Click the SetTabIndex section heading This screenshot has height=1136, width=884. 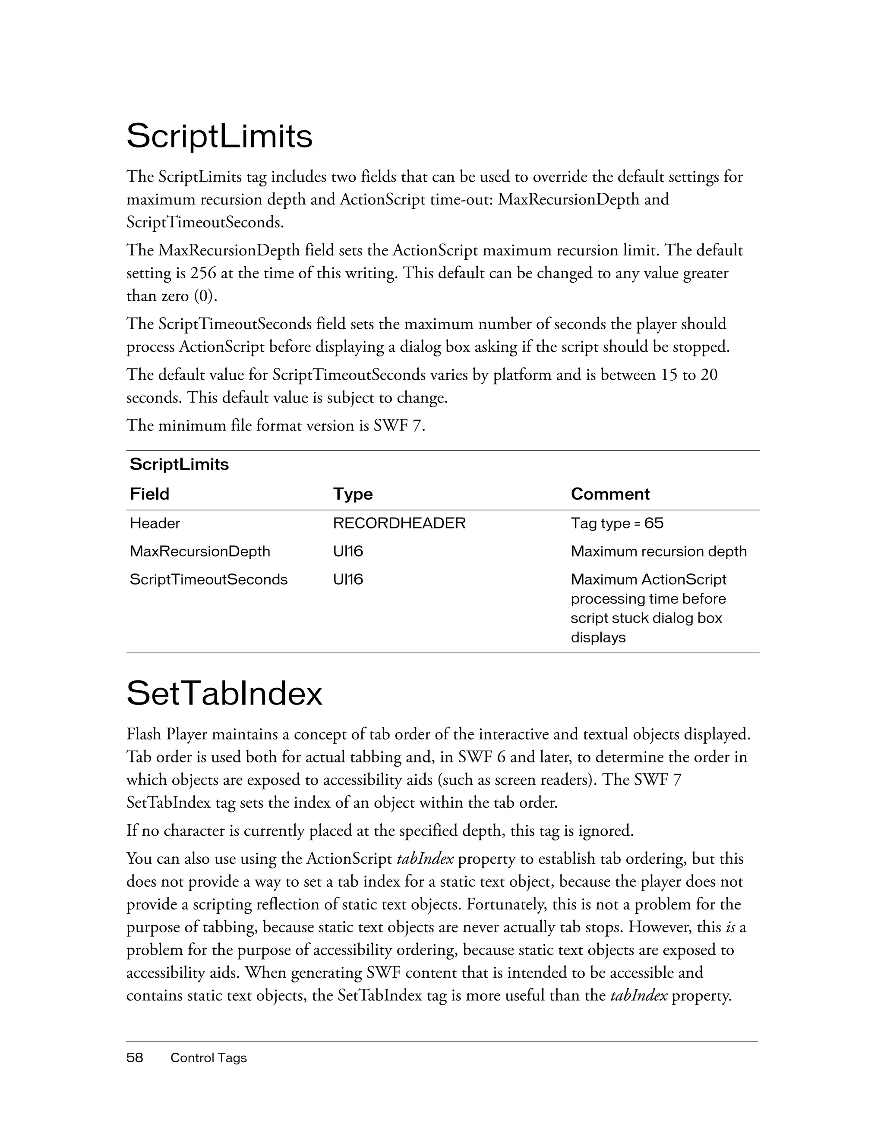click(x=224, y=693)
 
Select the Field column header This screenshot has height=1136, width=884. click(x=149, y=494)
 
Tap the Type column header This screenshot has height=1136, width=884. click(x=353, y=494)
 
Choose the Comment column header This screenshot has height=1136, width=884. click(x=610, y=494)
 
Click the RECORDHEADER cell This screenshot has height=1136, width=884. click(x=399, y=523)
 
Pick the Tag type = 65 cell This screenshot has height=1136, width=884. click(x=617, y=523)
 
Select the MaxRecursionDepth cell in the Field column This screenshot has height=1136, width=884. click(x=200, y=551)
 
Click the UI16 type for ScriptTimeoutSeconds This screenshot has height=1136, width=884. click(x=347, y=579)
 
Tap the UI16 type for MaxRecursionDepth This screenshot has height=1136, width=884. click(x=347, y=551)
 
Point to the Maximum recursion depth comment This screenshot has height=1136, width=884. click(x=658, y=551)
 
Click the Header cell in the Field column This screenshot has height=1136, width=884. click(x=155, y=523)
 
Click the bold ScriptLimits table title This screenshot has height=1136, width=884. click(x=179, y=464)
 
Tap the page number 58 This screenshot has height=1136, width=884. click(x=135, y=1057)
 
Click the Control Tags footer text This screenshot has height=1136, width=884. click(x=208, y=1057)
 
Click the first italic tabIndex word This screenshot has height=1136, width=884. click(x=425, y=858)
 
